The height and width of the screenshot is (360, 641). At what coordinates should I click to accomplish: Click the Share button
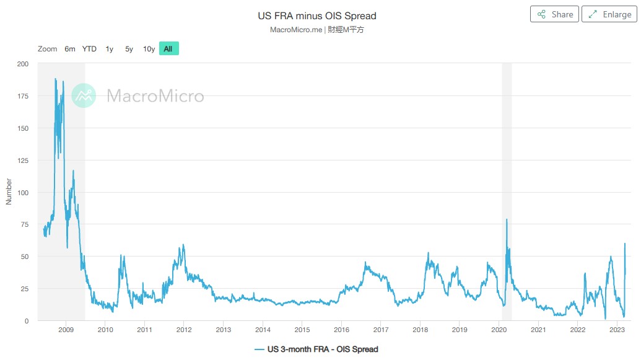[554, 14]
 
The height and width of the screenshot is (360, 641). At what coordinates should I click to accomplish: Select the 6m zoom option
[70, 49]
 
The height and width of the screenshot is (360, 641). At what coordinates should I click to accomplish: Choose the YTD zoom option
[89, 49]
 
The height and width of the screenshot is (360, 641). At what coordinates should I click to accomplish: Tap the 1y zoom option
[110, 49]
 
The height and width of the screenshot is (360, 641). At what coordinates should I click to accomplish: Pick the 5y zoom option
[129, 49]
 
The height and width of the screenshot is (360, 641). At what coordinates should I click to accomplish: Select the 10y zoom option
[149, 49]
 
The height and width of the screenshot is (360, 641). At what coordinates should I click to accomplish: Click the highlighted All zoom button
[168, 49]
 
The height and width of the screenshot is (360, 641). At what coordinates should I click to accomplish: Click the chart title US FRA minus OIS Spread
[316, 15]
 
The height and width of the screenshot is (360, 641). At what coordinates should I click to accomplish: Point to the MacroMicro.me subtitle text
[296, 30]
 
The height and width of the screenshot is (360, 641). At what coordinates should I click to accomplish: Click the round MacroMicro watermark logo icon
[84, 95]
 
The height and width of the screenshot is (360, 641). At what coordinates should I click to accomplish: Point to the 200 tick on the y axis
[23, 64]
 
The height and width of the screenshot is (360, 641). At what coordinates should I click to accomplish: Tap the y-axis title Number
[9, 192]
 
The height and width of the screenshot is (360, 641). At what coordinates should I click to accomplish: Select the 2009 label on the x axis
[66, 330]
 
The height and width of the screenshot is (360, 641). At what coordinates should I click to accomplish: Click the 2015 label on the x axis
[302, 330]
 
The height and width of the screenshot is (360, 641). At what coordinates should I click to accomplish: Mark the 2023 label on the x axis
[617, 330]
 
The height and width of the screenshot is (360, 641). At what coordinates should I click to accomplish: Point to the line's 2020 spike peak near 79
[507, 219]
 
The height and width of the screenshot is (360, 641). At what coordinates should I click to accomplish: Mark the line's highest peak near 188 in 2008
[55, 79]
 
